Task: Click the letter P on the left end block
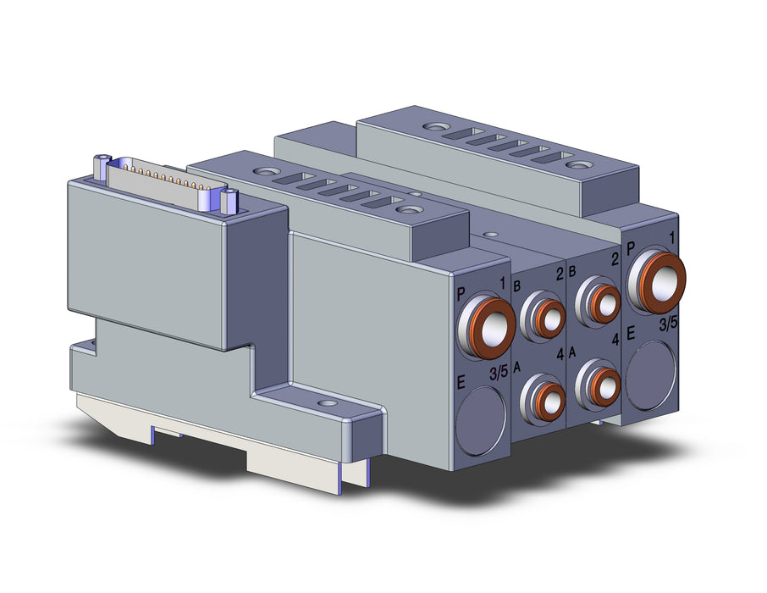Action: [461, 295]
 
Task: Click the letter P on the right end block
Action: [631, 248]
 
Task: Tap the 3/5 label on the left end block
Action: [499, 374]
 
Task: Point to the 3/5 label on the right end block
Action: [668, 324]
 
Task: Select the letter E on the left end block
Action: [461, 382]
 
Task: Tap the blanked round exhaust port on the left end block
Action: [482, 415]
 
